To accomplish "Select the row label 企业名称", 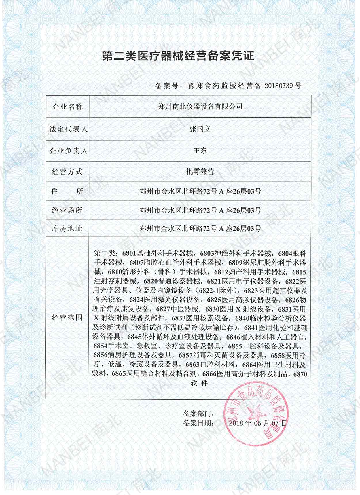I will click(x=68, y=107).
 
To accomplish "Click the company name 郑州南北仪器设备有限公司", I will click(x=200, y=107).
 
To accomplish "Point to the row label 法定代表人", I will click(x=68, y=129).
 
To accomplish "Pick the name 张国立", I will click(x=200, y=129).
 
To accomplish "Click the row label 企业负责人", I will click(x=68, y=151).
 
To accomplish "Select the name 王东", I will click(x=200, y=151).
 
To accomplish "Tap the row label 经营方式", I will click(x=67, y=172).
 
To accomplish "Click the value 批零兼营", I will click(x=200, y=172).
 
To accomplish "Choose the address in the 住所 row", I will click(x=200, y=191).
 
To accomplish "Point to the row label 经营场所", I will click(x=67, y=210).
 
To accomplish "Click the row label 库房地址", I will click(x=67, y=229).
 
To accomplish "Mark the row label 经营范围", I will click(x=67, y=318).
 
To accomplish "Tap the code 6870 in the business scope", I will click(x=300, y=374).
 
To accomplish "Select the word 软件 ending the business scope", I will click(x=199, y=383).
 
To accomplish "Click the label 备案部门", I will click(x=198, y=414).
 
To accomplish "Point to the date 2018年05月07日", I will click(x=258, y=423).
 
